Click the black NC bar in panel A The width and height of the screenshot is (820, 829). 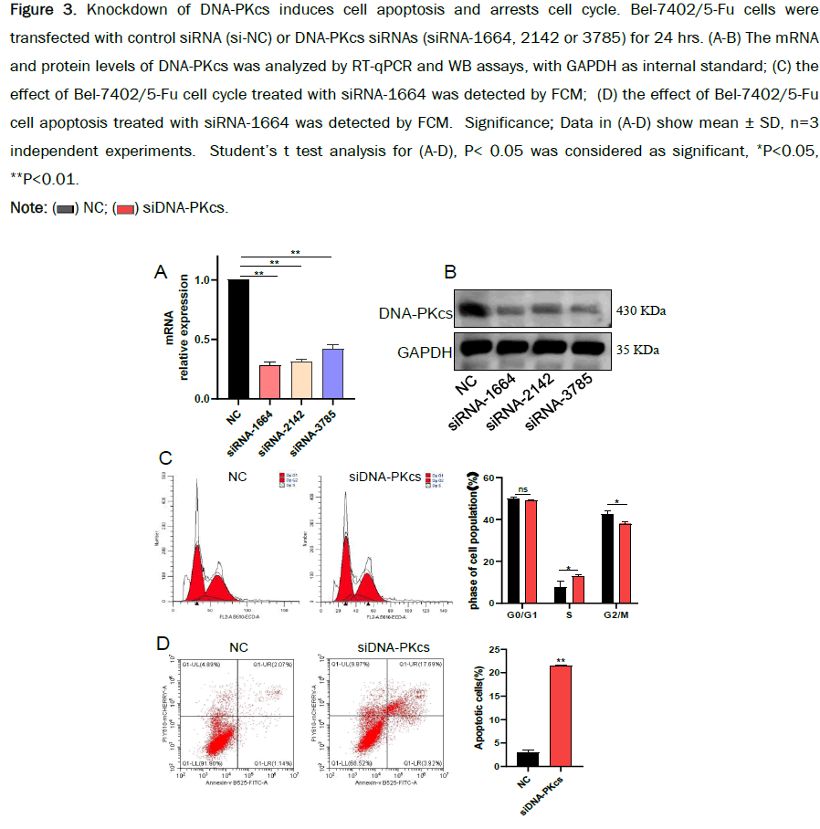238,340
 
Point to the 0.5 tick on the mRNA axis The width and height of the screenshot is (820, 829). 214,341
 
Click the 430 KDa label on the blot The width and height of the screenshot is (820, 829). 640,311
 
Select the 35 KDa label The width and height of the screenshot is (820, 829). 636,350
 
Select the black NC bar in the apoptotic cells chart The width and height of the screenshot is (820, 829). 522,760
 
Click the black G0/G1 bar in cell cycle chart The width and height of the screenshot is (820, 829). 513,551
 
